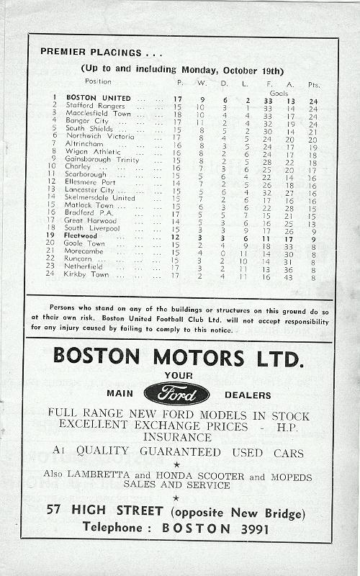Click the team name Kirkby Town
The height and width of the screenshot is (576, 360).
(87, 274)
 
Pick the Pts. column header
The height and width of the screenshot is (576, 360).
(312, 82)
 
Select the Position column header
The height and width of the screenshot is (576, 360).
(99, 81)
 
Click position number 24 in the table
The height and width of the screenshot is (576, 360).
(50, 274)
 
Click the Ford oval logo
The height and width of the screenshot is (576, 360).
(176, 394)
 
